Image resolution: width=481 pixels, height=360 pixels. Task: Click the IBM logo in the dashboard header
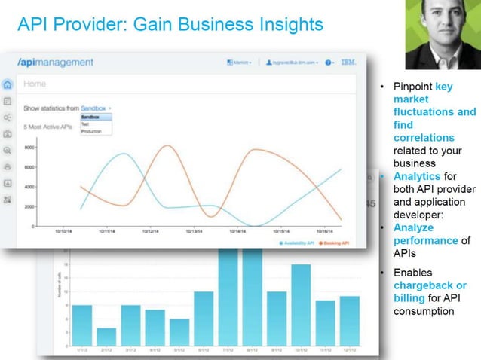[x=348, y=63]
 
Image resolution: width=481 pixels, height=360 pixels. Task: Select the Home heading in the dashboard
[x=35, y=84]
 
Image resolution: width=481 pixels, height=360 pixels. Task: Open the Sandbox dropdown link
[x=95, y=108]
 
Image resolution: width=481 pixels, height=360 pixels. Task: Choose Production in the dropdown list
[x=91, y=131]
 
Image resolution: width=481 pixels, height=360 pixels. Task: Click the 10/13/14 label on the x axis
[x=193, y=232]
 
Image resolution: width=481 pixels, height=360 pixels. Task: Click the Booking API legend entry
[x=332, y=243]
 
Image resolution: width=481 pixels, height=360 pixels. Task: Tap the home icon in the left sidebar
[x=8, y=84]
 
